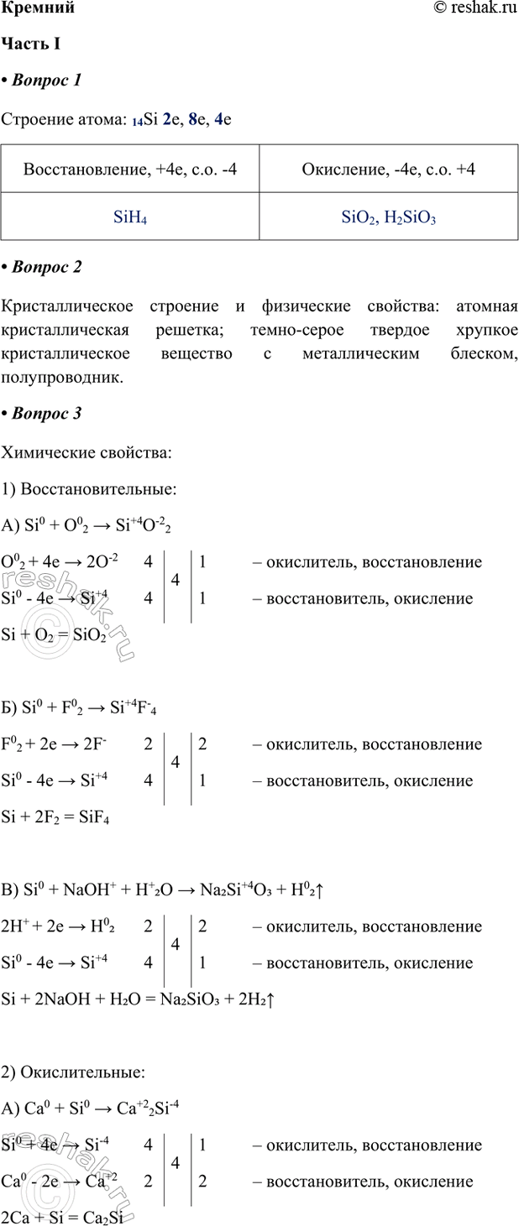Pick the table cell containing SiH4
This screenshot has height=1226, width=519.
130,218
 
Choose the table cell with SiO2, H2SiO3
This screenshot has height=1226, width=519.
389,218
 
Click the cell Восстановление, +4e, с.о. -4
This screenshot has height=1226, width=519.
130,170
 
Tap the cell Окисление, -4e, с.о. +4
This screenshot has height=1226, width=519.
389,170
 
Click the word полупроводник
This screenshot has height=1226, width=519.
63,378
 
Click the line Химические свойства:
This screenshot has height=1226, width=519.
87,453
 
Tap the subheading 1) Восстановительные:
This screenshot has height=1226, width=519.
89,489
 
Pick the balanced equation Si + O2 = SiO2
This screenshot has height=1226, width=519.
55,635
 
